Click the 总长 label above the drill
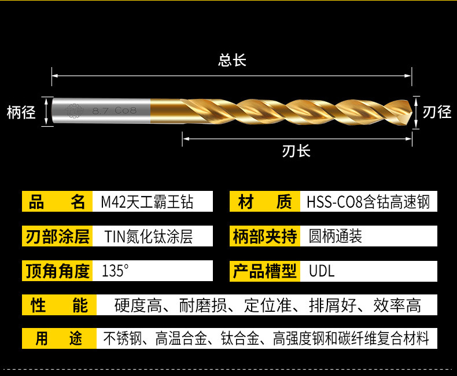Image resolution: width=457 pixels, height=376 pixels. (232, 60)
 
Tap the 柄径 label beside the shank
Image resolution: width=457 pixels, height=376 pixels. (21, 112)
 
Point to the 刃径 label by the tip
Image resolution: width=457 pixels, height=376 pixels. (437, 112)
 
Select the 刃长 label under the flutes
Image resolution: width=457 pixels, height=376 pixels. (296, 151)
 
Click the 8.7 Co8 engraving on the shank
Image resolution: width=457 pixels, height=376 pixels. (115, 110)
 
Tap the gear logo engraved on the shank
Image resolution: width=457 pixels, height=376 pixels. (74, 110)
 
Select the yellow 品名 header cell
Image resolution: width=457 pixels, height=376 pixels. (57, 201)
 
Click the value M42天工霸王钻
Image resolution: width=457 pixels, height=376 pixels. (147, 202)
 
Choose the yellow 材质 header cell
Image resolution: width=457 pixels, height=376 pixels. (265, 201)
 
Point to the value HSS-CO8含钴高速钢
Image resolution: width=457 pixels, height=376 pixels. (368, 202)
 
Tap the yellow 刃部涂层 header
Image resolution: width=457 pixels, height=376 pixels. (57, 236)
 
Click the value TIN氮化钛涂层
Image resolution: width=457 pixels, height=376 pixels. (148, 236)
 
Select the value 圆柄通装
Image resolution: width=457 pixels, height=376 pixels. (335, 236)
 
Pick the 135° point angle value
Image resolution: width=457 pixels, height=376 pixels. (115, 271)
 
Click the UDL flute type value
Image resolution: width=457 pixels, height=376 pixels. (322, 271)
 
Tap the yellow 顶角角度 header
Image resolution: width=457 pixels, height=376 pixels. (57, 271)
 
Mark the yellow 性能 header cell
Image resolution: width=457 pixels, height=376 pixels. (59, 305)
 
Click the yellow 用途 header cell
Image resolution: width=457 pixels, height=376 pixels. (59, 338)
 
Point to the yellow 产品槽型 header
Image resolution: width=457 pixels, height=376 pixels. (265, 271)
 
